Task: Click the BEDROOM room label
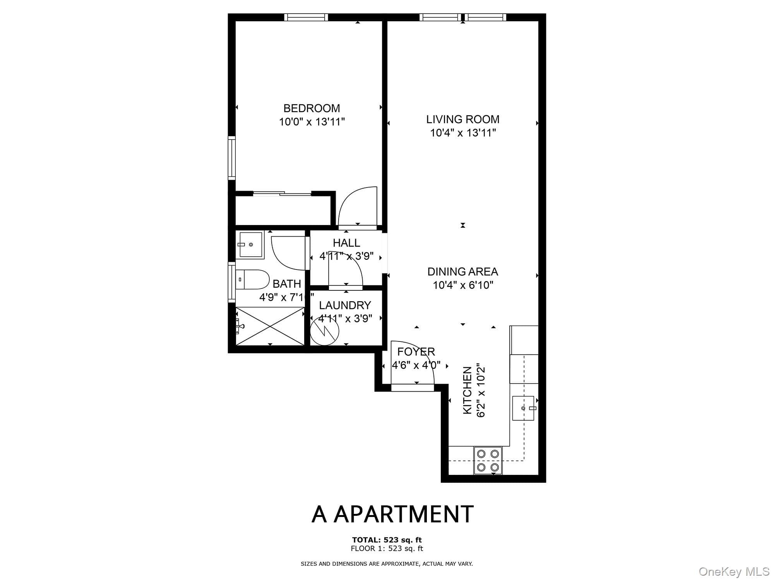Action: pyautogui.click(x=312, y=108)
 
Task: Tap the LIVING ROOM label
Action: pyautogui.click(x=463, y=119)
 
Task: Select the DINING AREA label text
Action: pyautogui.click(x=463, y=272)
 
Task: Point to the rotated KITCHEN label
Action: pyautogui.click(x=467, y=390)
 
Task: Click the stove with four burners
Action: pyautogui.click(x=488, y=460)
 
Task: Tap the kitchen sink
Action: pyautogui.click(x=523, y=408)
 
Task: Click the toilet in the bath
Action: pyautogui.click(x=252, y=279)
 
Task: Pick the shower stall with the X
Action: pyautogui.click(x=270, y=326)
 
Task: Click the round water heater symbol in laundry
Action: pyautogui.click(x=324, y=331)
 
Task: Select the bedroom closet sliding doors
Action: pyautogui.click(x=282, y=194)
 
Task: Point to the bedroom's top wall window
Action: pyautogui.click(x=306, y=17)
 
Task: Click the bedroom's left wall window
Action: pyautogui.click(x=232, y=158)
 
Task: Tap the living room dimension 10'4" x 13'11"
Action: pyautogui.click(x=463, y=133)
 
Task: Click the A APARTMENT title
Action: pyautogui.click(x=392, y=514)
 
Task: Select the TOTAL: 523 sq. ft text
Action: pyautogui.click(x=387, y=540)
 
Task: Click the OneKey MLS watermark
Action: pyautogui.click(x=734, y=571)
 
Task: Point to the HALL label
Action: pyautogui.click(x=346, y=243)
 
